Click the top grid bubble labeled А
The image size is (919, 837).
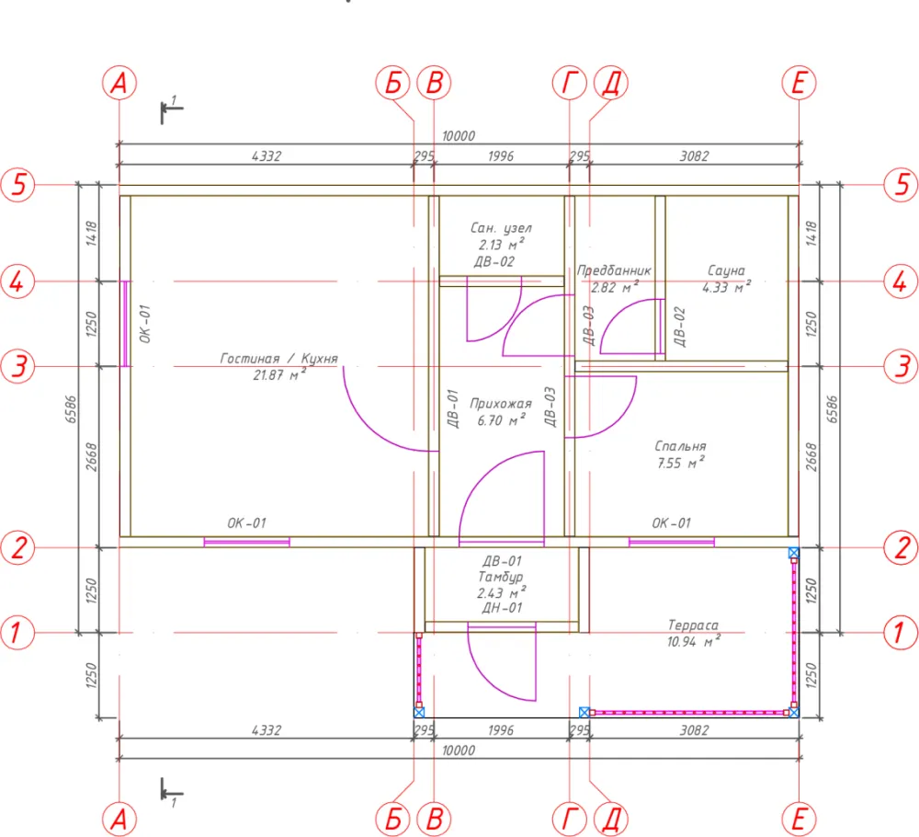click(x=119, y=83)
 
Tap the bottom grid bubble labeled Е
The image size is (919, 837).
click(x=799, y=819)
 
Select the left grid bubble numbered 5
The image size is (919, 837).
click(x=18, y=184)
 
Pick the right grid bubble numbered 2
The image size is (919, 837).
click(x=901, y=547)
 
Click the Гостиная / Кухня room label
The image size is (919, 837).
click(x=279, y=359)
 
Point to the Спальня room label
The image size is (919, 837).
click(x=680, y=446)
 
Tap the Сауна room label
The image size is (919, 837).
click(x=726, y=270)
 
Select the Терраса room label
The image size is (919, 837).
click(x=693, y=625)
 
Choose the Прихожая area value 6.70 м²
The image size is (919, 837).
click(x=501, y=420)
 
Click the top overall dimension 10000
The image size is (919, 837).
click(x=459, y=136)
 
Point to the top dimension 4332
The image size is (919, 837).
click(x=267, y=156)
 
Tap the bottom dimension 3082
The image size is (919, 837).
click(x=694, y=730)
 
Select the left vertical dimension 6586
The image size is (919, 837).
click(x=71, y=408)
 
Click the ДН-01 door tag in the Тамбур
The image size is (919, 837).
click(x=502, y=608)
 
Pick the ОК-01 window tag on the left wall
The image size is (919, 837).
click(x=145, y=324)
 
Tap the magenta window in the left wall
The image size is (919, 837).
click(x=125, y=324)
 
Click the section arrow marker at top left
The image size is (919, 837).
click(x=171, y=109)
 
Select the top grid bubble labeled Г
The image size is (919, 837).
click(x=569, y=83)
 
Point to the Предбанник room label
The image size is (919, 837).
click(x=614, y=271)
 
